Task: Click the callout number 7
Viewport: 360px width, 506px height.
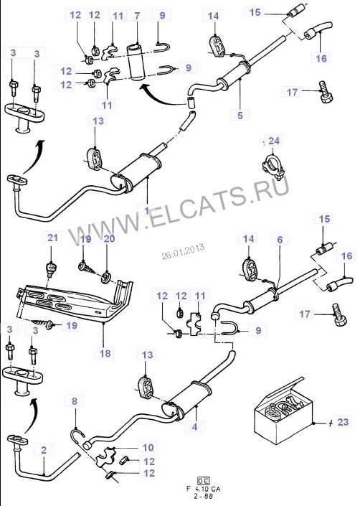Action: pos(137,16)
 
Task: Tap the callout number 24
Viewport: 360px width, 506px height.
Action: pos(274,141)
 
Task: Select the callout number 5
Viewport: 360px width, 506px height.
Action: pos(240,116)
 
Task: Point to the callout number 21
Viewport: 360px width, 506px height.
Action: pos(52,238)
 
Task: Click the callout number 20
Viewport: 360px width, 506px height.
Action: pos(109,238)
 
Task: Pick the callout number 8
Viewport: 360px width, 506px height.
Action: pos(75,401)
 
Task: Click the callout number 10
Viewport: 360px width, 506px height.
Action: pos(148,448)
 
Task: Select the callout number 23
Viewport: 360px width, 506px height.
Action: pos(343,422)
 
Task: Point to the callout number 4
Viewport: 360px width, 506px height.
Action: pos(194,426)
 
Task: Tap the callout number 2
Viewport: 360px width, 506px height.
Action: pos(44,449)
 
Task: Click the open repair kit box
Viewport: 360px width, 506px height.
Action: pos(283,411)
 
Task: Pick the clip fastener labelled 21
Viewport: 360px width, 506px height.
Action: pos(51,269)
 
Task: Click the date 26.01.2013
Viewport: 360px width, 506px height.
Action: pos(183,251)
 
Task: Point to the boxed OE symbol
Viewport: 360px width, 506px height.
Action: pos(204,480)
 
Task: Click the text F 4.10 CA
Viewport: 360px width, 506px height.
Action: pos(204,489)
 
